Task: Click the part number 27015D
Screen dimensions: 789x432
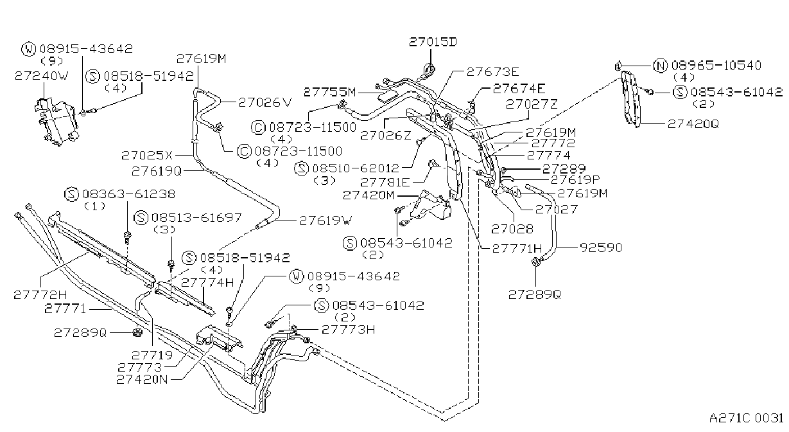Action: tap(433, 42)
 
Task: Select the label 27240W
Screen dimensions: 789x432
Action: tap(41, 76)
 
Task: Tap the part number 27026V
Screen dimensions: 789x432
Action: tap(265, 102)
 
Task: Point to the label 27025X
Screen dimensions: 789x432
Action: tap(147, 155)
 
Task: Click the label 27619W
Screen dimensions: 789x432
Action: tap(326, 221)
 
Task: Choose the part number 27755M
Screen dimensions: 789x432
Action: tap(330, 93)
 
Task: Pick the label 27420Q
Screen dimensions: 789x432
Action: tap(693, 124)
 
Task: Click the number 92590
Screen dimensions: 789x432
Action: tap(602, 248)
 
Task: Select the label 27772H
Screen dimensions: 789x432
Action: tap(40, 294)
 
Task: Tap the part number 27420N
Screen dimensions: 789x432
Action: tap(142, 379)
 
